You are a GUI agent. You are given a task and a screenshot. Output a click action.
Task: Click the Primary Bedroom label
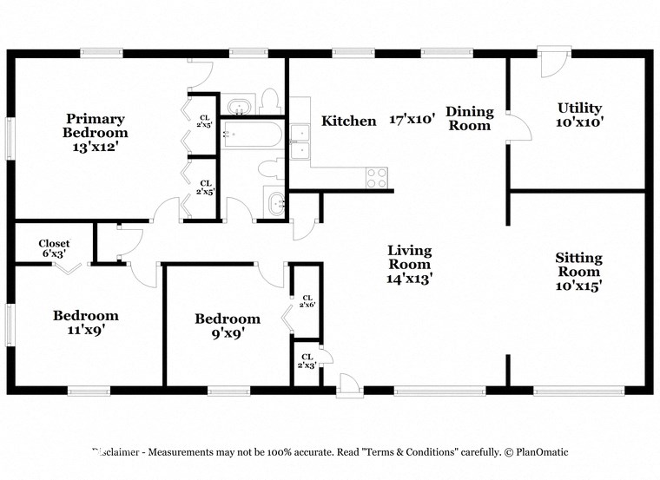(95, 126)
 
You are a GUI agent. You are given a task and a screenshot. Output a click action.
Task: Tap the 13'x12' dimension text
(95, 147)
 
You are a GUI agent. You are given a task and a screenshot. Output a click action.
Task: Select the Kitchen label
(349, 122)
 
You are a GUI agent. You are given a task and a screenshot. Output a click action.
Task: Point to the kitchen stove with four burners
(377, 177)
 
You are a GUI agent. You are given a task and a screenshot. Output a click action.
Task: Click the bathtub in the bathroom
(252, 135)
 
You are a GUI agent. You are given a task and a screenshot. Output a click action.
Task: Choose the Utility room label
(579, 108)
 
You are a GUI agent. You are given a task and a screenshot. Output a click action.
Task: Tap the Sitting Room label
(578, 265)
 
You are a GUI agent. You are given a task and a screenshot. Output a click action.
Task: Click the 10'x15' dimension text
(578, 285)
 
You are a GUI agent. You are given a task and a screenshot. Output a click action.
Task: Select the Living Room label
(409, 258)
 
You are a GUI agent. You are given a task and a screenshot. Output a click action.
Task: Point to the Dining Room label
(470, 118)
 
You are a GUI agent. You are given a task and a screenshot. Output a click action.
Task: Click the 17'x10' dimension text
(411, 121)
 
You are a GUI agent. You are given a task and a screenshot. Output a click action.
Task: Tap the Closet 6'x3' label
(54, 249)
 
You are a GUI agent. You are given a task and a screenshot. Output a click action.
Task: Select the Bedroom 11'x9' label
(85, 322)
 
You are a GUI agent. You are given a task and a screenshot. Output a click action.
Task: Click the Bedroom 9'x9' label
(227, 325)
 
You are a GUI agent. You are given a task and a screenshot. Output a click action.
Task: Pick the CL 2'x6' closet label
(307, 301)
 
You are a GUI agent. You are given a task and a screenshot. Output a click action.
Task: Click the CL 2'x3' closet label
(307, 361)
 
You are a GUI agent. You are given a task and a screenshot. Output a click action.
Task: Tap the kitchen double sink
(300, 142)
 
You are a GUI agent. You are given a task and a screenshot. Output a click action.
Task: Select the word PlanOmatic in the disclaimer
(538, 452)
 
